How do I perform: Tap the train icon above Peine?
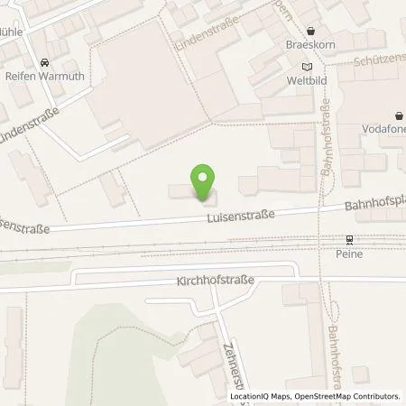pos(348,240)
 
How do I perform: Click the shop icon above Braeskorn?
pos(309,29)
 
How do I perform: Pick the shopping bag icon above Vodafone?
pos(399,115)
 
